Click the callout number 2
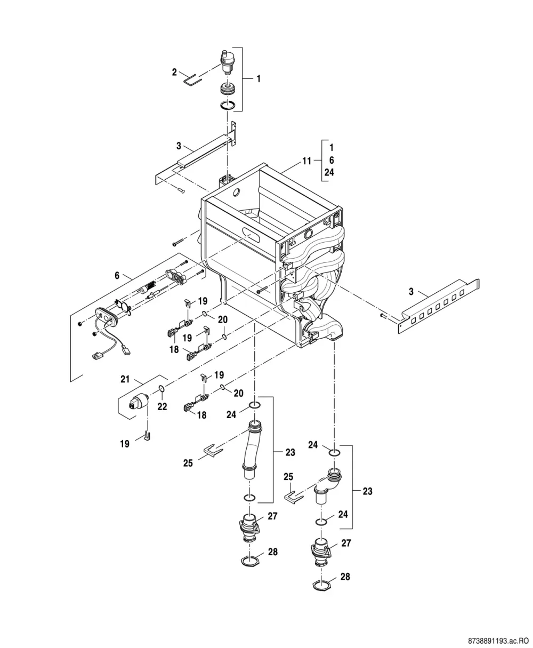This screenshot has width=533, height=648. point(174,72)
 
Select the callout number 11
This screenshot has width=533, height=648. point(306,161)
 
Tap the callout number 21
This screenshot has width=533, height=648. point(125,379)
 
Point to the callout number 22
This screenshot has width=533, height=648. point(162,406)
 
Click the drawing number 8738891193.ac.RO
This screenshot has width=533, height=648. point(498,641)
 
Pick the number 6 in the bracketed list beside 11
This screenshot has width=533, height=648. point(332,160)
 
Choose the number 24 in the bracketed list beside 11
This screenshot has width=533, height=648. point(329,172)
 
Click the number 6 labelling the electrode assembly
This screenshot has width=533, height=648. point(117,275)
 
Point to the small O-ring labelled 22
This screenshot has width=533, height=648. point(162,389)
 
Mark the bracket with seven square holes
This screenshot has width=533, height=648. point(439,306)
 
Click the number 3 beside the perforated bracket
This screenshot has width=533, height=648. point(411,291)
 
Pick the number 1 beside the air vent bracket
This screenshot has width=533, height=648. point(259,78)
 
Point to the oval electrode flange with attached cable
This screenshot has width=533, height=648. point(106,316)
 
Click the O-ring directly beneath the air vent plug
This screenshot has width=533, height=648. point(228,106)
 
